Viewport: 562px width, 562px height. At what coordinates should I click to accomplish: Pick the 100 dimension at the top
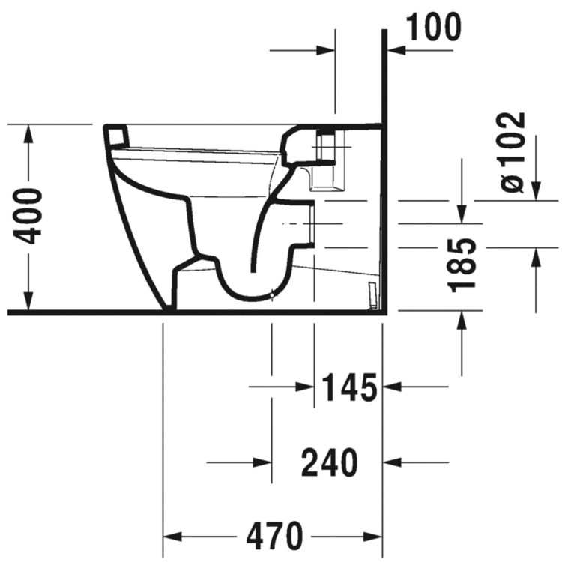coord(432,28)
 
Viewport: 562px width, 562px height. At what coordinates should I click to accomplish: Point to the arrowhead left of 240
coord(262,462)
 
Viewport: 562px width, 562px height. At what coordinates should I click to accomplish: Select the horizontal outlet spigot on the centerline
coord(313,224)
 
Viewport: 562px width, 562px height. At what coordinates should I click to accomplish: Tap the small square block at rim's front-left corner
coord(117,134)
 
